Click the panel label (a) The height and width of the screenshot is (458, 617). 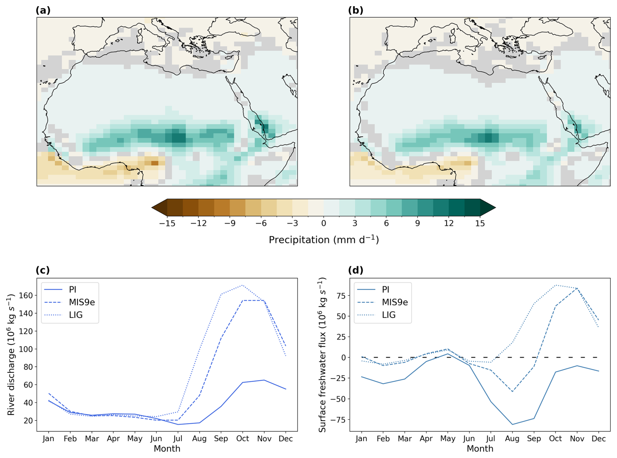43,10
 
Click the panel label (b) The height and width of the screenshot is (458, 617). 355,10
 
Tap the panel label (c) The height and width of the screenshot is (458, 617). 43,270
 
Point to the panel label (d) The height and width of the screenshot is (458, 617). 355,270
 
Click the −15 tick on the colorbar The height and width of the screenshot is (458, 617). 167,223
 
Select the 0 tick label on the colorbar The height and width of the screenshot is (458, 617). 324,223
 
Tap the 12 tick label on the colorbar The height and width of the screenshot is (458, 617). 449,223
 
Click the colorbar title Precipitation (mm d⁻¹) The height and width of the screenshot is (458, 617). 324,240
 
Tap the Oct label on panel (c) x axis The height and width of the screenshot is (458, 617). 243,439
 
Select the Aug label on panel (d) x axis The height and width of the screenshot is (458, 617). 512,439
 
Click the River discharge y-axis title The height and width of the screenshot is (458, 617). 11,355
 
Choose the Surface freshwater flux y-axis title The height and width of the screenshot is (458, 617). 323,355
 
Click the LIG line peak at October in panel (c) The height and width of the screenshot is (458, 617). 242,286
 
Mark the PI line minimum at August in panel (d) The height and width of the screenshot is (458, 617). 512,424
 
